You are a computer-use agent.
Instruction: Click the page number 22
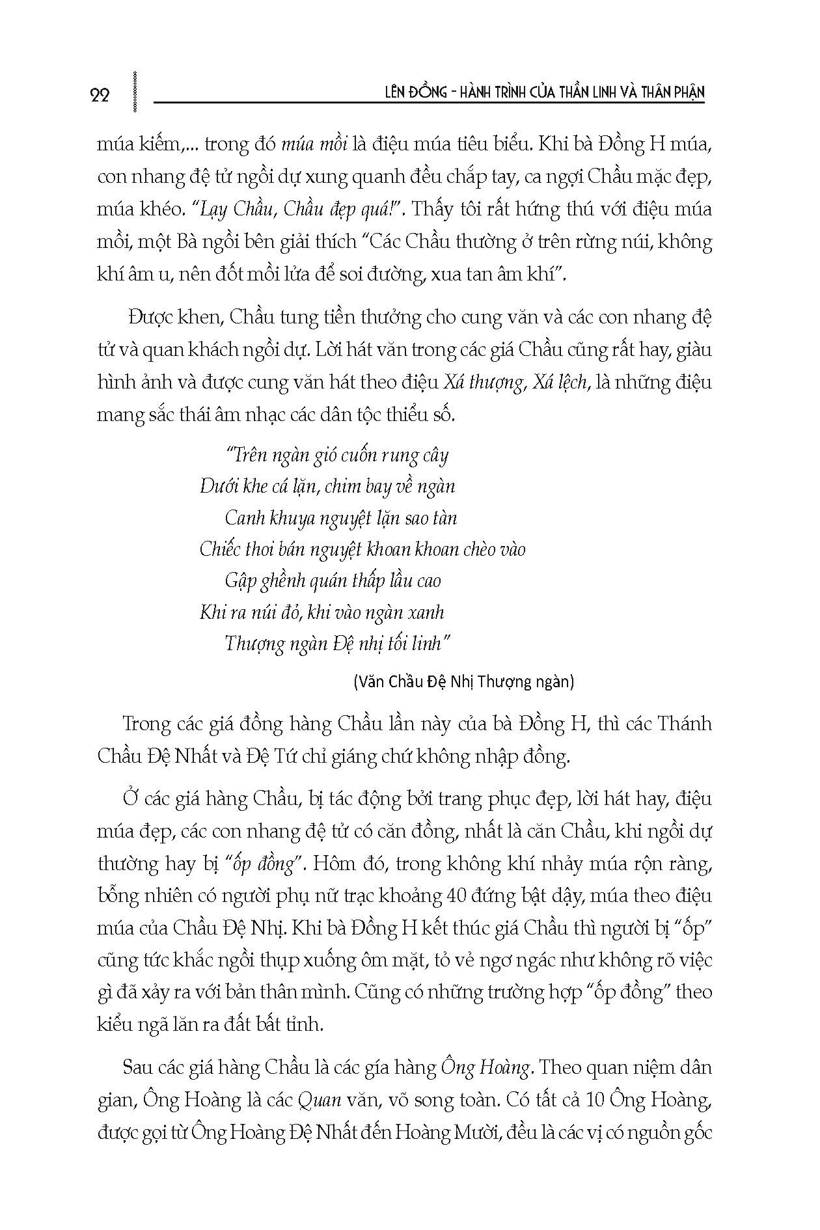(x=100, y=94)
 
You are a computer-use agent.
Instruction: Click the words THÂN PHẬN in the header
(x=670, y=94)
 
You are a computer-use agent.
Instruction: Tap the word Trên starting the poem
(x=245, y=455)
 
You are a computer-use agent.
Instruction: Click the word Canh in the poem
(x=245, y=518)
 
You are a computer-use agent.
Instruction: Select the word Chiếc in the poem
(x=221, y=550)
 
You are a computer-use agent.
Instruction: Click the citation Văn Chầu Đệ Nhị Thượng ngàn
(x=463, y=682)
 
